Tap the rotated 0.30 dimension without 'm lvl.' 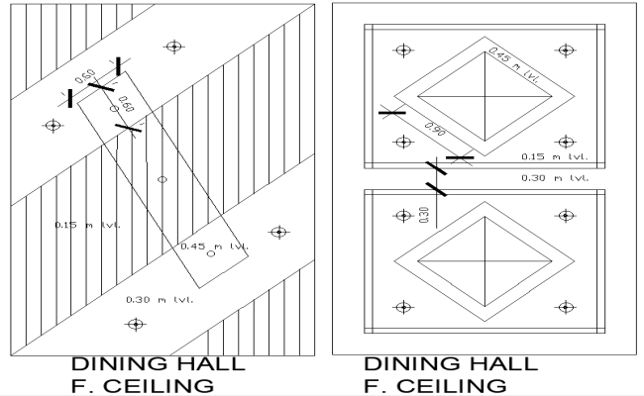point(424,215)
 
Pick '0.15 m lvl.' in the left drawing point(87,226)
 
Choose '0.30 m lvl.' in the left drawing point(159,298)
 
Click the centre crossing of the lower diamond point(485,261)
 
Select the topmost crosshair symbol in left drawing point(174,46)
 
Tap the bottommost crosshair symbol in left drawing point(134,324)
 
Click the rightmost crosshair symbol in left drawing point(279,232)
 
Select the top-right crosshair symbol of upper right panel point(564,49)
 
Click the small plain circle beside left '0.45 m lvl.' point(210,254)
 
